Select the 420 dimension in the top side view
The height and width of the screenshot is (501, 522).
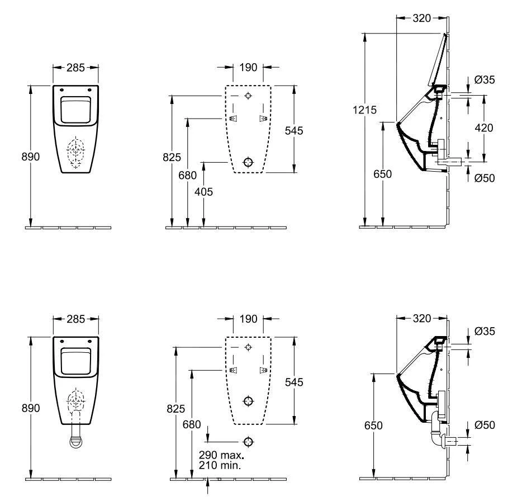coord(483,128)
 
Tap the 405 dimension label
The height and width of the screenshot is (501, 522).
coord(203,191)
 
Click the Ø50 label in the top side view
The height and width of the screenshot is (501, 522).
coord(484,178)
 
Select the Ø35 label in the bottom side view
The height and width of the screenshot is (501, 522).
coord(484,331)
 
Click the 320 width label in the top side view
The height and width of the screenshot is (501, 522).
coord(422,18)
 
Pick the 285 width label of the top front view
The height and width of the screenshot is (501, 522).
coord(75,68)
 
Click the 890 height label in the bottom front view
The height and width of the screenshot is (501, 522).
coord(31,409)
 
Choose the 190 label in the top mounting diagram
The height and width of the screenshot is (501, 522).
coord(248,68)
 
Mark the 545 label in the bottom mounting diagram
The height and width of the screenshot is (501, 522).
coord(294,382)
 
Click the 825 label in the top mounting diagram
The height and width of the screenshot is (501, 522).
coord(172,158)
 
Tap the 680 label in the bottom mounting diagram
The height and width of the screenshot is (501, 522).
coord(191,424)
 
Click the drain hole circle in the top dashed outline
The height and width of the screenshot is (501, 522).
coord(248,162)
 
